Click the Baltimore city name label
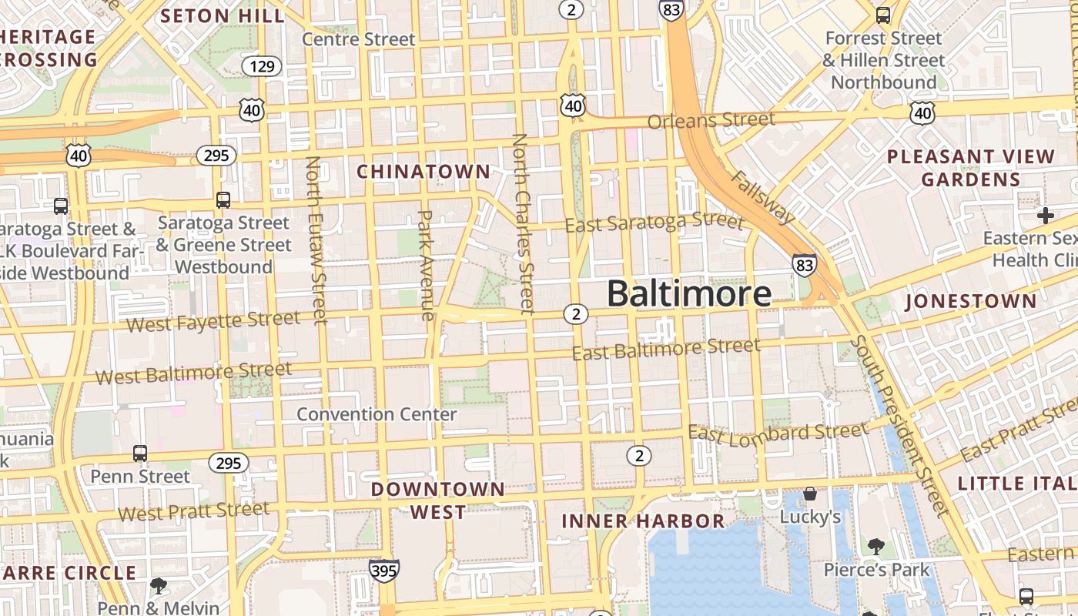688,294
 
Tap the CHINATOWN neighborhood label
423,171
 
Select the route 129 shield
262,66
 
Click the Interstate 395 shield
383,571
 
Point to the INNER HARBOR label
643,521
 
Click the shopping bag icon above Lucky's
809,494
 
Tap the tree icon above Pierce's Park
875,547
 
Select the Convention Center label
377,414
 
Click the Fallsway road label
762,197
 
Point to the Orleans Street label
711,121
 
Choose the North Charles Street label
523,223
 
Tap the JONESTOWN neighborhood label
971,301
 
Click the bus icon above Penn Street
139,453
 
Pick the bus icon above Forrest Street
883,15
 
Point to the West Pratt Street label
194,511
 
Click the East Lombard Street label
778,433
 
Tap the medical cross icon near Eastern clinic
1045,215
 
